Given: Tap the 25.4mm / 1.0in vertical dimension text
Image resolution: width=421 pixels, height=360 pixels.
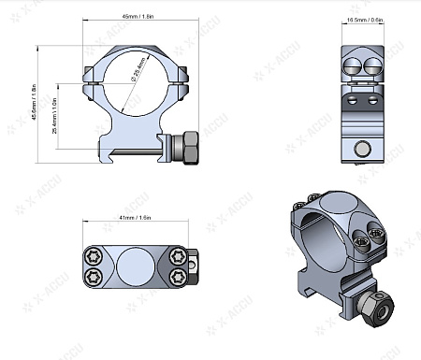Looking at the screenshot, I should coord(55,114).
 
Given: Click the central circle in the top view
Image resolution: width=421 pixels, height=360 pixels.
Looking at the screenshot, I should coord(136,265).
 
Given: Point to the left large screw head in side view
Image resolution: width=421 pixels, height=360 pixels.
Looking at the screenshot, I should coord(354,65).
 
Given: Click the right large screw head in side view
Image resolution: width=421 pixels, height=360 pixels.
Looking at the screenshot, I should coord(373,65).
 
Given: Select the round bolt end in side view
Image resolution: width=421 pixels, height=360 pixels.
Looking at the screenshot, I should coord(364,147).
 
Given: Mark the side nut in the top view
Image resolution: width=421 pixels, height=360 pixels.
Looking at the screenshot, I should coord(191,265).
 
